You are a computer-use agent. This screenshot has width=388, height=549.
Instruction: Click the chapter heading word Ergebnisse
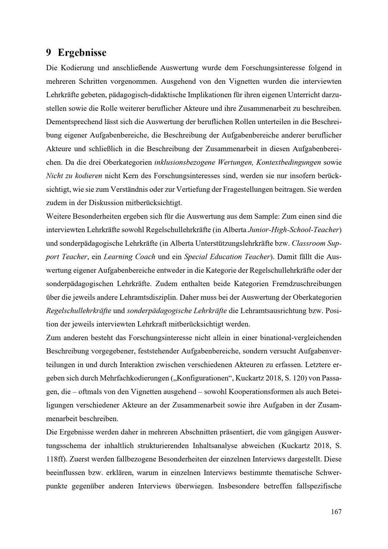pyautogui.click(x=81, y=52)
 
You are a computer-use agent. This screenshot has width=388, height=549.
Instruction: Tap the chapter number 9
pyautogui.click(x=49, y=52)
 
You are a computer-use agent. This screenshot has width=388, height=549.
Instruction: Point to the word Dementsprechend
pyautogui.click(x=73, y=122)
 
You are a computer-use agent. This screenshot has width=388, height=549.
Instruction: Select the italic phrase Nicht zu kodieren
pyautogui.click(x=74, y=175)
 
